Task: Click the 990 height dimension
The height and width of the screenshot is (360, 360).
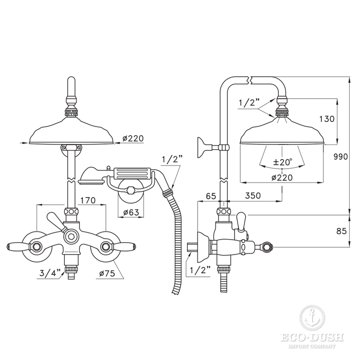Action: pyautogui.click(x=340, y=157)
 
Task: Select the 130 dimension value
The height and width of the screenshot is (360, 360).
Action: pyautogui.click(x=327, y=119)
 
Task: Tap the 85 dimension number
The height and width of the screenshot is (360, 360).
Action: pyautogui.click(x=341, y=231)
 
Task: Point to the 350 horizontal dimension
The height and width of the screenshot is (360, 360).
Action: pyautogui.click(x=253, y=195)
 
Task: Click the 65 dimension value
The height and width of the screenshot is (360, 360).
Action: pyautogui.click(x=211, y=196)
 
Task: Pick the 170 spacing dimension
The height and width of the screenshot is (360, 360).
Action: pyautogui.click(x=88, y=201)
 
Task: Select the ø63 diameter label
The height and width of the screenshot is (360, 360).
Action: pyautogui.click(x=131, y=212)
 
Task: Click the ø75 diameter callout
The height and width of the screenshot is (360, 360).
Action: pyautogui.click(x=107, y=274)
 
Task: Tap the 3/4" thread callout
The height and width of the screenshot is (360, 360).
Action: pyautogui.click(x=50, y=273)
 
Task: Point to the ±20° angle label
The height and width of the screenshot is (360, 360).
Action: pyautogui.click(x=283, y=163)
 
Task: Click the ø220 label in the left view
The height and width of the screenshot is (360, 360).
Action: pyautogui.click(x=133, y=138)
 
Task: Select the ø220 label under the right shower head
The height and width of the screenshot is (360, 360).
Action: pyautogui.click(x=282, y=177)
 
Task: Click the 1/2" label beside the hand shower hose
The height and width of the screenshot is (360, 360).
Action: pyautogui.click(x=172, y=159)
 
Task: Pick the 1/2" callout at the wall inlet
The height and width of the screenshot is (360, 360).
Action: pyautogui.click(x=200, y=270)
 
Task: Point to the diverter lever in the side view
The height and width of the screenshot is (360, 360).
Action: pyautogui.click(x=241, y=222)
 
